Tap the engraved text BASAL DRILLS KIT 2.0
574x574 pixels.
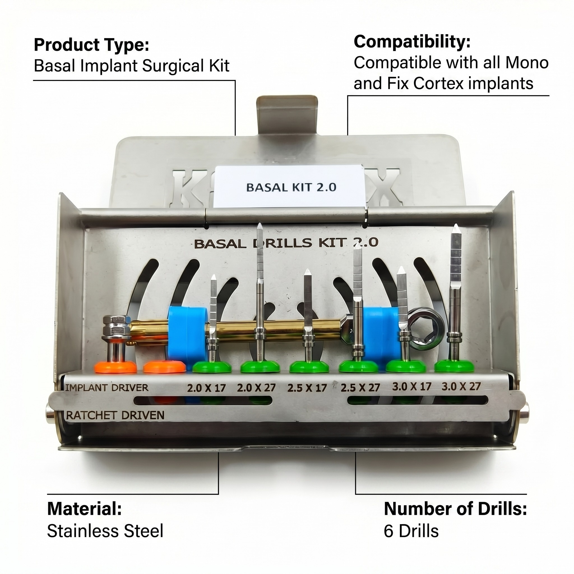(286, 243)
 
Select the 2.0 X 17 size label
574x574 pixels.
(206, 388)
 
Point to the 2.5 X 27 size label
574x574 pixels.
(360, 387)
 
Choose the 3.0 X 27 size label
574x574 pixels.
(461, 386)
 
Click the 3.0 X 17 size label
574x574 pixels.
(411, 386)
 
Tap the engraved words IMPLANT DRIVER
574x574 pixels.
(106, 387)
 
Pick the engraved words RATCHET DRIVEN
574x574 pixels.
(115, 415)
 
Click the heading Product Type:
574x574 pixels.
(91, 45)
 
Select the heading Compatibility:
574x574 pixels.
(412, 41)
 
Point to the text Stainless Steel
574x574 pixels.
(105, 531)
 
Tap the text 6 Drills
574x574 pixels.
(411, 531)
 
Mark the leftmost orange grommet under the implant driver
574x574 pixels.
(115, 368)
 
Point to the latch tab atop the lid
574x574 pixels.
(287, 114)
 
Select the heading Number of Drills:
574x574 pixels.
(455, 509)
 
